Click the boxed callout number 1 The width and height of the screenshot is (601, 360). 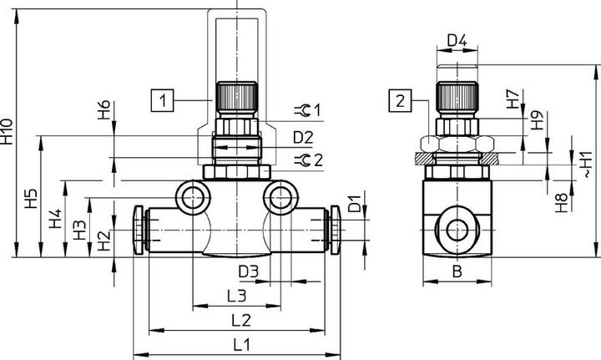tap(162, 100)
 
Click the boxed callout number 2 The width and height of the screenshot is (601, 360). tap(400, 101)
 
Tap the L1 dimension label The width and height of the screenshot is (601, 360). tap(242, 345)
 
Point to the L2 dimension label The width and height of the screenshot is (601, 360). tap(241, 320)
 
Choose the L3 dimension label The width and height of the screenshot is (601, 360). tap(237, 296)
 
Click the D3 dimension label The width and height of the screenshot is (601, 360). tap(249, 271)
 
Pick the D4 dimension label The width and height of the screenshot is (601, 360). tap(457, 40)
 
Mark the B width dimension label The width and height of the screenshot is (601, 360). tap(457, 271)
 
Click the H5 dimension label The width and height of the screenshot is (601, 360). tap(32, 198)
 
